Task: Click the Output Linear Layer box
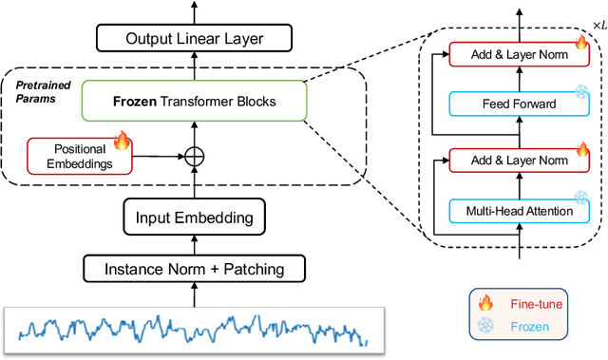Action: tap(195, 39)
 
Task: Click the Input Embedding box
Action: tap(195, 218)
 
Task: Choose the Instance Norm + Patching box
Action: tap(195, 269)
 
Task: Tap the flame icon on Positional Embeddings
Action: tap(121, 142)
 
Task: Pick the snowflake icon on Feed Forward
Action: tap(579, 93)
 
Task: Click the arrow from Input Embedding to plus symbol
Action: tap(195, 184)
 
